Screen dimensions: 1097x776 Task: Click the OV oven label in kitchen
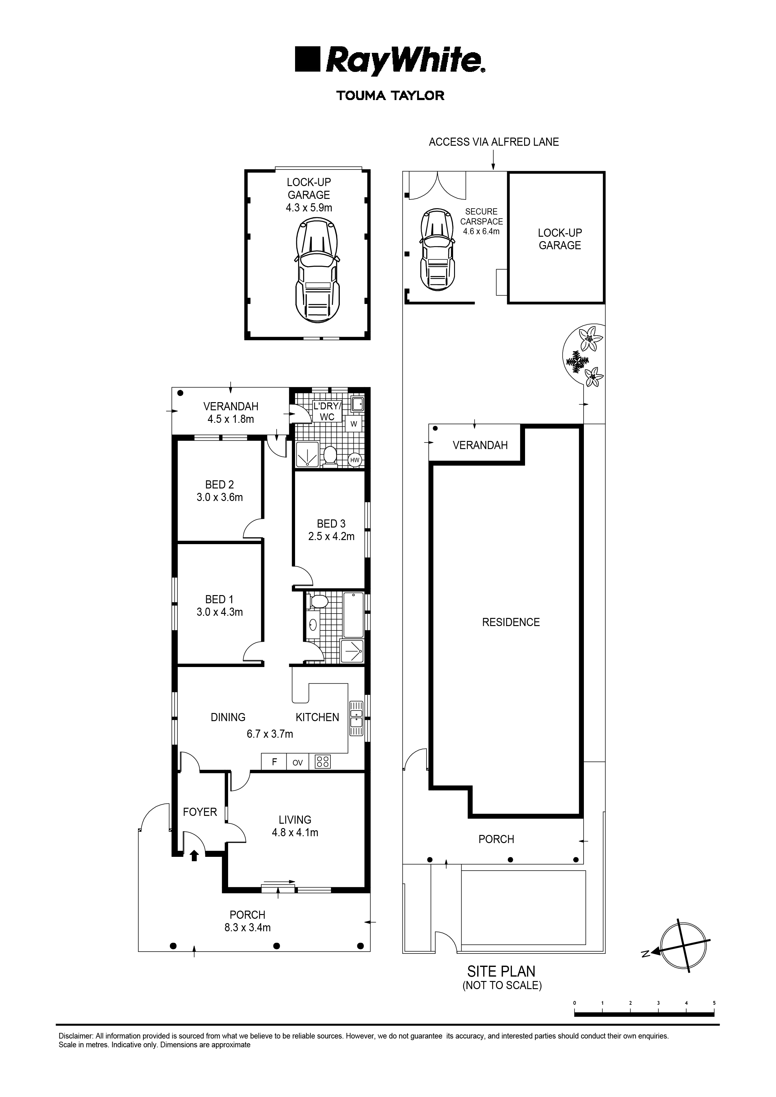pyautogui.click(x=297, y=762)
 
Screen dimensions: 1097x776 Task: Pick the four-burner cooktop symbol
pyautogui.click(x=323, y=761)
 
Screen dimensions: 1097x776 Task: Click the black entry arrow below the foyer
pyautogui.click(x=194, y=855)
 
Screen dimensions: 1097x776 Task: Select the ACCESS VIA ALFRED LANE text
pyautogui.click(x=493, y=142)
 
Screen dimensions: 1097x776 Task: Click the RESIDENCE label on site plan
pyautogui.click(x=511, y=622)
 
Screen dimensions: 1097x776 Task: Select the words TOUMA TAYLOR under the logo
pyautogui.click(x=390, y=96)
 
